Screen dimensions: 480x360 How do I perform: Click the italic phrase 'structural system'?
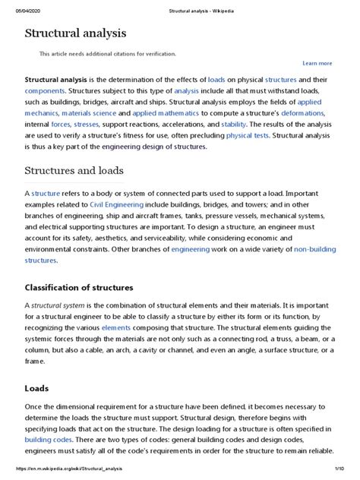click(62, 305)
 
